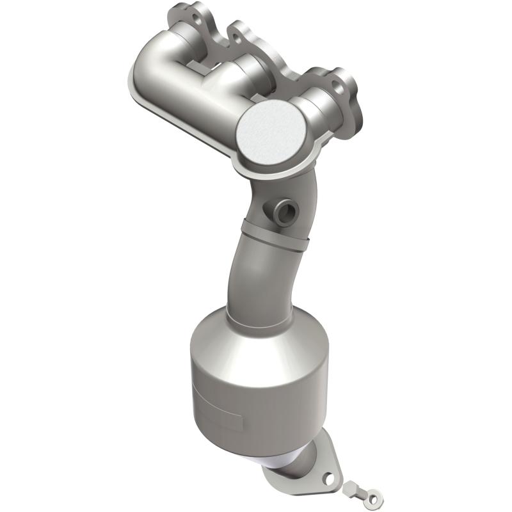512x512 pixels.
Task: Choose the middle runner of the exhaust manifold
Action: (237, 74)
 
